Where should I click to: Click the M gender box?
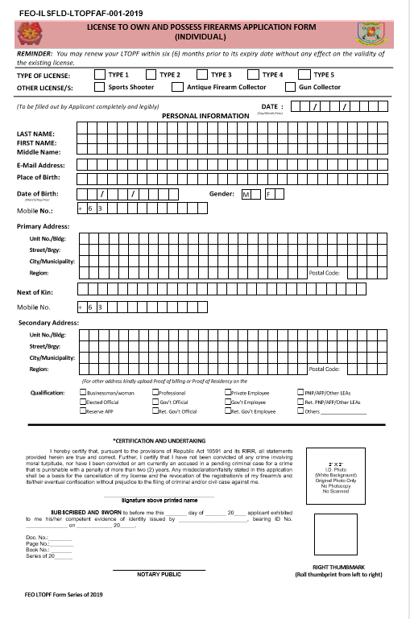pyautogui.click(x=248, y=194)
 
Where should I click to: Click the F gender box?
pyautogui.click(x=270, y=194)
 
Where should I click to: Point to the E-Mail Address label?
pyautogui.click(x=40, y=164)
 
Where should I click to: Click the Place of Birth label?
pyautogui.click(x=39, y=177)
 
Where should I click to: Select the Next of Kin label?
pyautogui.click(x=35, y=292)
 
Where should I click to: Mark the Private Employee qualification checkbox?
pyautogui.click(x=229, y=393)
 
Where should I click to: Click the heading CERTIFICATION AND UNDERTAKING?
pyautogui.click(x=159, y=440)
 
